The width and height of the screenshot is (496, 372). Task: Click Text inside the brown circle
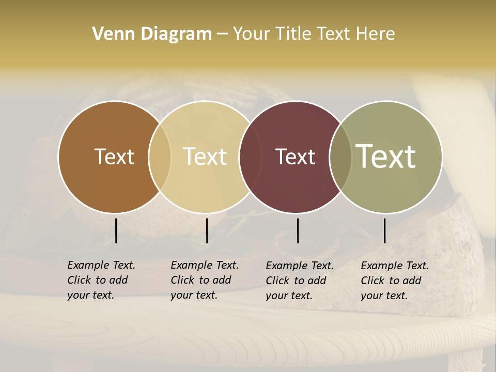click(x=114, y=157)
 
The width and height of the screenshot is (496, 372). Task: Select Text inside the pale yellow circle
click(x=205, y=157)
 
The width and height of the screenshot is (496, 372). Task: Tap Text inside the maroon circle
click(x=295, y=157)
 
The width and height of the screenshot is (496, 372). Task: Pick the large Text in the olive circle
click(x=386, y=156)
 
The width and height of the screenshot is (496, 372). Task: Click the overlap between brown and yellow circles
click(x=160, y=157)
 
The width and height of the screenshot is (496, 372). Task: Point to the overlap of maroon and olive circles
click(x=340, y=157)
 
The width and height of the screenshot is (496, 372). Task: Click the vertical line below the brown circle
click(x=116, y=230)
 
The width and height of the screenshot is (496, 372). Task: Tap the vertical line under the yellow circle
click(x=207, y=230)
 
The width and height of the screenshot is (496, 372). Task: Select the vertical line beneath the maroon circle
click(x=298, y=230)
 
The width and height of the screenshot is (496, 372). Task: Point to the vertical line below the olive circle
click(x=384, y=230)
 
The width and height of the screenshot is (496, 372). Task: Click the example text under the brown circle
click(x=101, y=280)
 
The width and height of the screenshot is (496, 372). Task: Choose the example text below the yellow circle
click(x=205, y=280)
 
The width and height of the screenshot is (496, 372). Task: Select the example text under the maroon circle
click(x=300, y=281)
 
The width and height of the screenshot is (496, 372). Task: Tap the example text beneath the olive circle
click(x=395, y=281)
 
